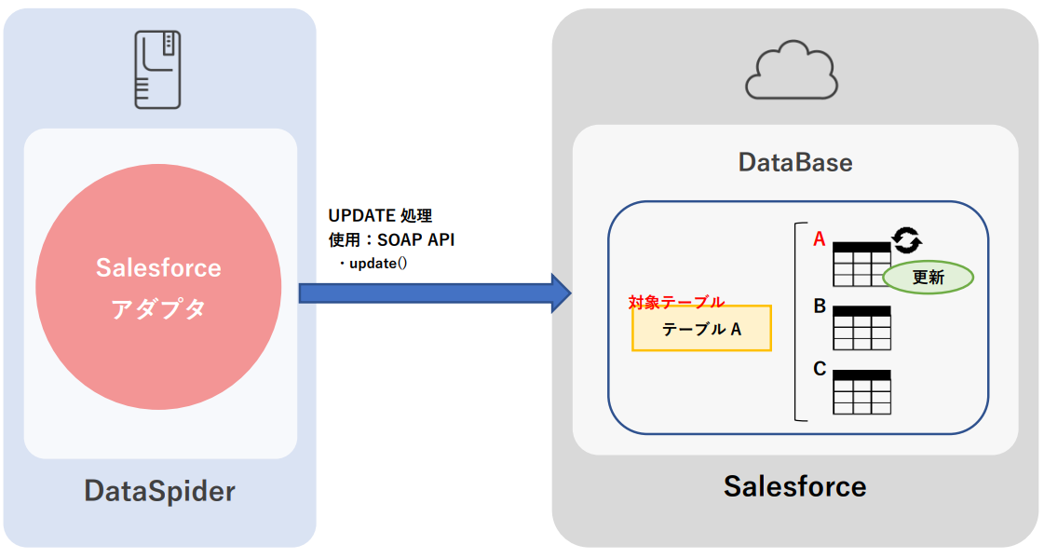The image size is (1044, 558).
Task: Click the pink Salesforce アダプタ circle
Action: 158,287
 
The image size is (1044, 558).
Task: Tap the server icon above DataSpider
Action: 157,68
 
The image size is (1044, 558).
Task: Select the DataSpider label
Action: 159,490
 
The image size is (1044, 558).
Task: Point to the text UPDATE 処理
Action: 380,216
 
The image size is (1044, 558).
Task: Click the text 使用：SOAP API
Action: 391,239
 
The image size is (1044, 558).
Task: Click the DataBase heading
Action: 794,162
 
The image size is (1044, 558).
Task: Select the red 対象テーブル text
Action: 676,301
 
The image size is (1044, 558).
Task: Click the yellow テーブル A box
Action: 701,329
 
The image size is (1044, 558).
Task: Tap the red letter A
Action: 820,239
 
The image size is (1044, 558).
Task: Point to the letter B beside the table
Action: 820,306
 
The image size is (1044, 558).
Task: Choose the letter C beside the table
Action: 820,369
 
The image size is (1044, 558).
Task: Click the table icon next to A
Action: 860,265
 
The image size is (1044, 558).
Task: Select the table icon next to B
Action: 861,328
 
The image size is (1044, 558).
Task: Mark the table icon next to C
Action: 861,391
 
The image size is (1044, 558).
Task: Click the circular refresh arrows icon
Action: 907,240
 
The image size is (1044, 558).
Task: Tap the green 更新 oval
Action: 928,277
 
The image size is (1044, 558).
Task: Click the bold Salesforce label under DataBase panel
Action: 794,485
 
